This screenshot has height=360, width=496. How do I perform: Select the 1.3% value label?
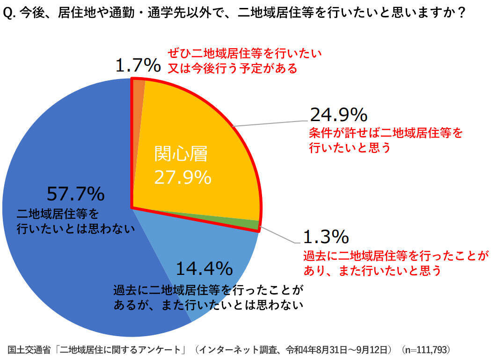(326, 237)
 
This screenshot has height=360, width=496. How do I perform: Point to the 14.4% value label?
(204, 268)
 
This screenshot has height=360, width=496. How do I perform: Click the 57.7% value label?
(75, 193)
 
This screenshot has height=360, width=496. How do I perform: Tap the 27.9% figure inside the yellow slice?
(182, 177)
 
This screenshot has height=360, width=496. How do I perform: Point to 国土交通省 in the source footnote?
(29, 350)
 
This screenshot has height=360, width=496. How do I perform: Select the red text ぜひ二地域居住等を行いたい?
(245, 53)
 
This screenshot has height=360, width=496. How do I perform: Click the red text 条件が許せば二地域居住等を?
(386, 133)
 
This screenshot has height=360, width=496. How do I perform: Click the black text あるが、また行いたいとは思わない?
(209, 305)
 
